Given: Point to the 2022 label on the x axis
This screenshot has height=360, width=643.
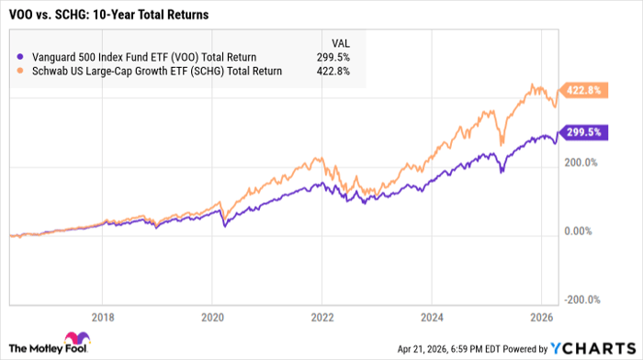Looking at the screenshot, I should (321, 314).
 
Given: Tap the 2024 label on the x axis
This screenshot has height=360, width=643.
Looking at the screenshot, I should (431, 314).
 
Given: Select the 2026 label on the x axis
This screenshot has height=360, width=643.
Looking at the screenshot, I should (540, 314).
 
